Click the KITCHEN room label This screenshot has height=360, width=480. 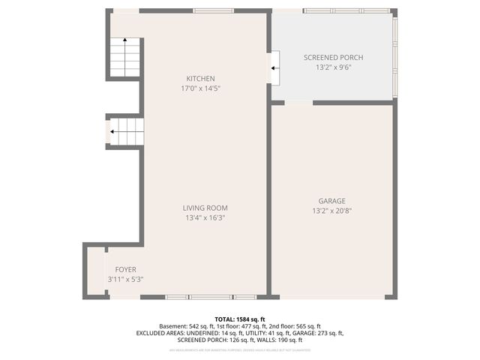click(x=200, y=79)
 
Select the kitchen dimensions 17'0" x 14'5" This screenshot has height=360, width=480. click(x=200, y=88)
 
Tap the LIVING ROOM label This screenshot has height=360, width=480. click(x=205, y=208)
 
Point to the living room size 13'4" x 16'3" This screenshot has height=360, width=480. click(x=205, y=217)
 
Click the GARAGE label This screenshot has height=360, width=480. click(x=331, y=201)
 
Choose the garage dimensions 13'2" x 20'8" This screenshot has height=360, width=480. click(x=331, y=211)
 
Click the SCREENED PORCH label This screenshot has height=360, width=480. click(x=333, y=58)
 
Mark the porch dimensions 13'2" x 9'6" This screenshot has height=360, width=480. click(x=333, y=67)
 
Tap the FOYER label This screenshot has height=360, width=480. click(x=125, y=269)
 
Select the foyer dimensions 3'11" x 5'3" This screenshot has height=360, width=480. click(x=125, y=279)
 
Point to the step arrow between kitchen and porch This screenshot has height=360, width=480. click(x=275, y=68)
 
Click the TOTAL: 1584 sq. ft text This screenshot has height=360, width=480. click(x=239, y=319)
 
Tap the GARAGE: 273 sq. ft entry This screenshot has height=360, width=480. click(x=316, y=333)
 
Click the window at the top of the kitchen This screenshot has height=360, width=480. click(x=206, y=10)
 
